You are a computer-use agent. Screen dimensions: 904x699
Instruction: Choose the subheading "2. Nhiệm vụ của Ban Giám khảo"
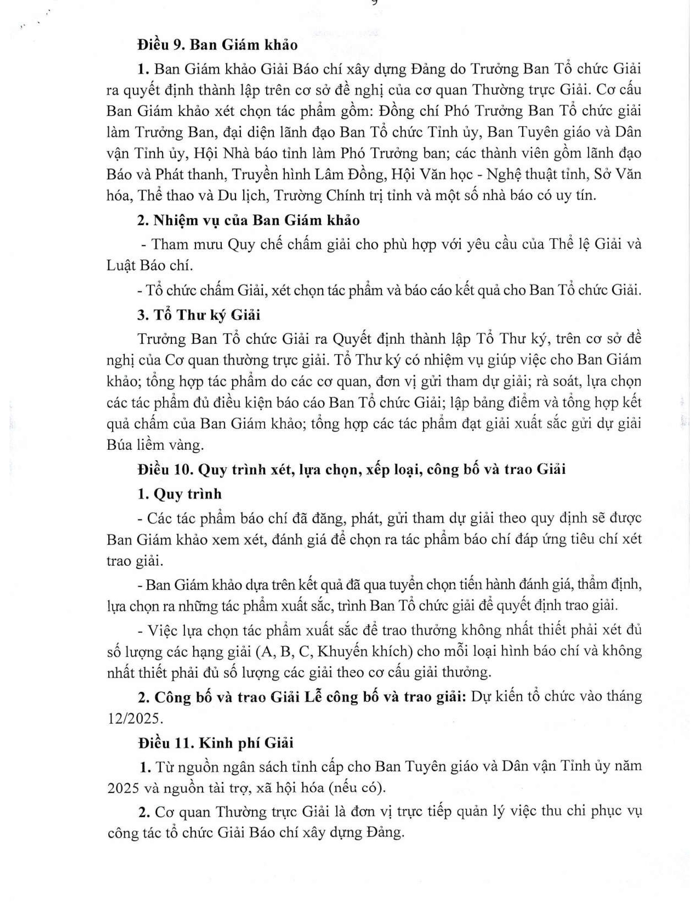click(x=248, y=220)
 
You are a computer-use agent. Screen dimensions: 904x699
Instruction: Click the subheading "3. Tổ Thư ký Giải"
click(x=199, y=315)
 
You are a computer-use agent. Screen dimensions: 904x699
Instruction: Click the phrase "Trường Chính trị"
click(x=321, y=195)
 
